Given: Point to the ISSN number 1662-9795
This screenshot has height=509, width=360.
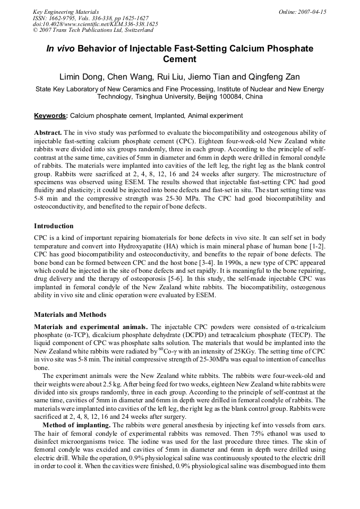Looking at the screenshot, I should click(63, 18).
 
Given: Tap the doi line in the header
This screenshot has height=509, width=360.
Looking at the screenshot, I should click(95, 24).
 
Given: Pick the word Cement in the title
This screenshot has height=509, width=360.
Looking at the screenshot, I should click(179, 59).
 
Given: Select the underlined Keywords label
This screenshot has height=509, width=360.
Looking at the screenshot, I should click(50, 116).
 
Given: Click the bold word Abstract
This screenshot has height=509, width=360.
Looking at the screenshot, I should click(48, 132).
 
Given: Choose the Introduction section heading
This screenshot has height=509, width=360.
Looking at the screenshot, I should click(54, 226).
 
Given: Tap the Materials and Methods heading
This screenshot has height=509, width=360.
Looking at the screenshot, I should click(70, 314).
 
